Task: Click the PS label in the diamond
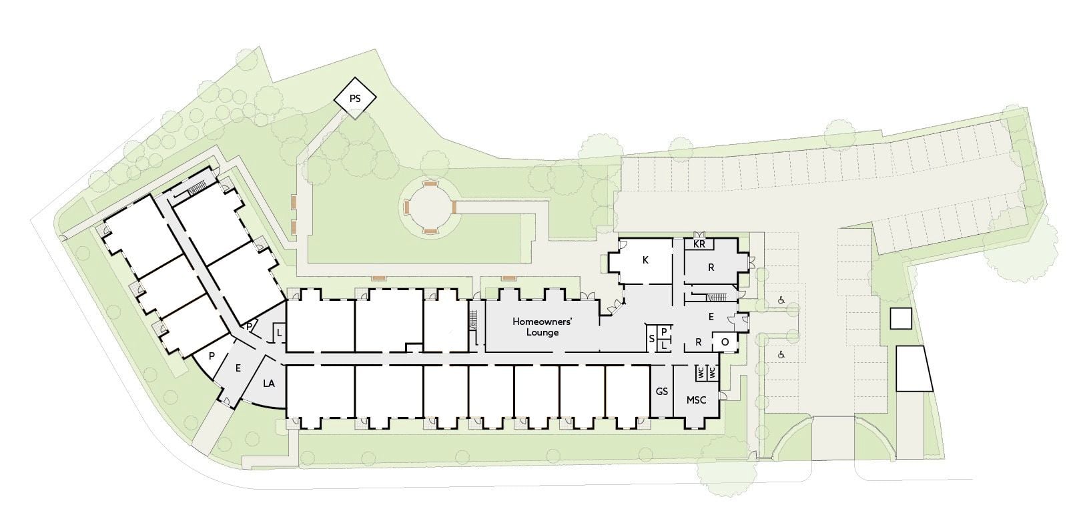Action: tap(355, 99)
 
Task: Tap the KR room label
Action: tap(699, 244)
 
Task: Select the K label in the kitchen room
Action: tap(646, 260)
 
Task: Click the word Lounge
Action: tap(542, 332)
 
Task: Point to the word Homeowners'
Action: tap(542, 322)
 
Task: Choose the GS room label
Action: tap(662, 392)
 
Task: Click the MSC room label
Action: tap(696, 400)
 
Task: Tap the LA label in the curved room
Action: tap(269, 384)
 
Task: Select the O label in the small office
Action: tap(725, 342)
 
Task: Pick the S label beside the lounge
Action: tap(652, 339)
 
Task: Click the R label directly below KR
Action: tap(711, 268)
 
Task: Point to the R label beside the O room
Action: tap(699, 342)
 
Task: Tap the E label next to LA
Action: tap(238, 368)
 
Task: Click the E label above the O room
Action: tap(711, 317)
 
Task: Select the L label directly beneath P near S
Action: tap(664, 345)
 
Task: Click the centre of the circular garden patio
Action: tap(430, 207)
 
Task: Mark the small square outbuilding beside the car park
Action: tap(901, 319)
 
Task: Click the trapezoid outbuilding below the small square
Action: tap(914, 368)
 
